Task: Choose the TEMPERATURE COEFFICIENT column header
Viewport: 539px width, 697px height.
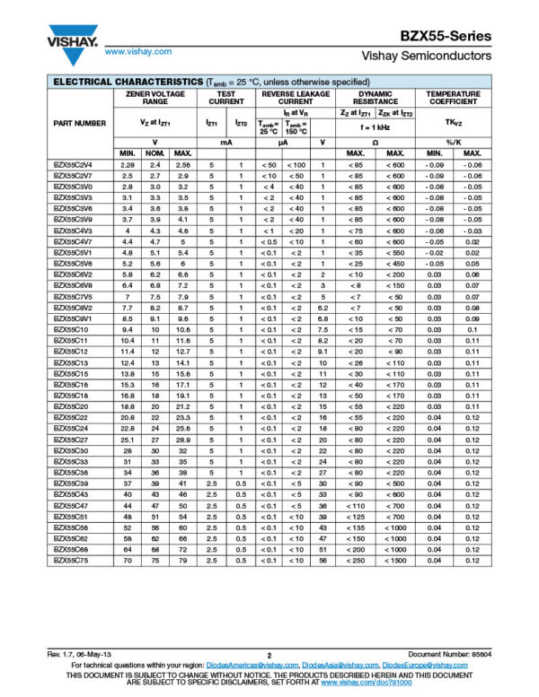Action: click(453, 98)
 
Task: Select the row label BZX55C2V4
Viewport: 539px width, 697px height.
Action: click(73, 165)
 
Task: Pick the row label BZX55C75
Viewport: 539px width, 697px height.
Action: click(71, 561)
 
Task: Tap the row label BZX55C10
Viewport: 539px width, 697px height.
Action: click(71, 330)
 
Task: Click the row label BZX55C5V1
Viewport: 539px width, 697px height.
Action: click(73, 253)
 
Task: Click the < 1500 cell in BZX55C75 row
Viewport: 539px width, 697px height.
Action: click(393, 561)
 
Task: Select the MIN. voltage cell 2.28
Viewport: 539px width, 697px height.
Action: click(127, 165)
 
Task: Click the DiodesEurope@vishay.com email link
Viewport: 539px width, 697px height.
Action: click(430, 665)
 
